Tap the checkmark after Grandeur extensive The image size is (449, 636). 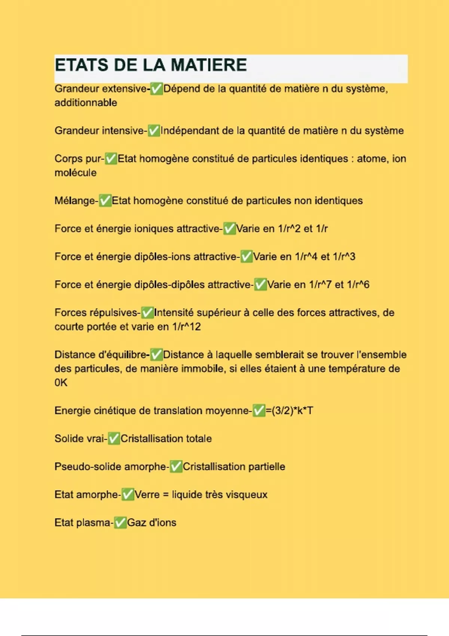coord(156,89)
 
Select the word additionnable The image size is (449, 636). coord(86,103)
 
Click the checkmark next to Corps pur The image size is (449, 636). coord(111,159)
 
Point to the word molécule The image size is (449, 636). coord(76,173)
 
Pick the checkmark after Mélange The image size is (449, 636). coord(105,201)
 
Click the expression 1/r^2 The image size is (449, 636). coord(289,229)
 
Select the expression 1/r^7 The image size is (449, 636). coord(320,285)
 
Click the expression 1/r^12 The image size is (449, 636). coord(186,327)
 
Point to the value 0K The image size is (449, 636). coord(61,383)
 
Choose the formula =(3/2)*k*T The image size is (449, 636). coord(289,411)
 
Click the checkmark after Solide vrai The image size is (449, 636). coord(114,439)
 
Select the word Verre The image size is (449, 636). coord(147,495)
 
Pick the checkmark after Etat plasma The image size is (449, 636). coord(120,523)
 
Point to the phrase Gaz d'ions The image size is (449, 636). coord(152,523)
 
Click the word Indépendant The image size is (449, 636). coord(190,131)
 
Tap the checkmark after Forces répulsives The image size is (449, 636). coord(147,313)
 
